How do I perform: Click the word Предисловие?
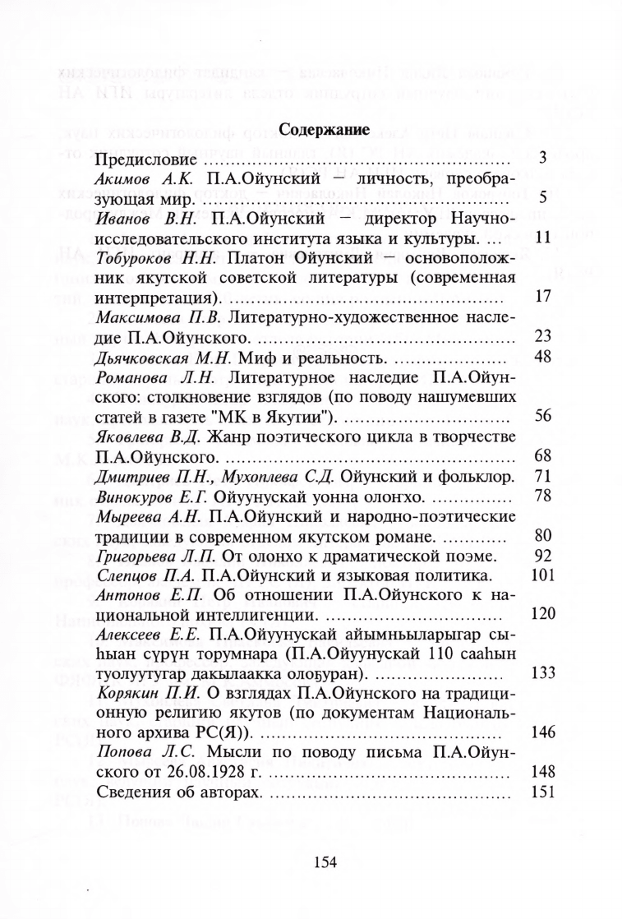click(x=144, y=159)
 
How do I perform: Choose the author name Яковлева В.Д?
click(x=147, y=436)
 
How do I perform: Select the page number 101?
click(x=544, y=575)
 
